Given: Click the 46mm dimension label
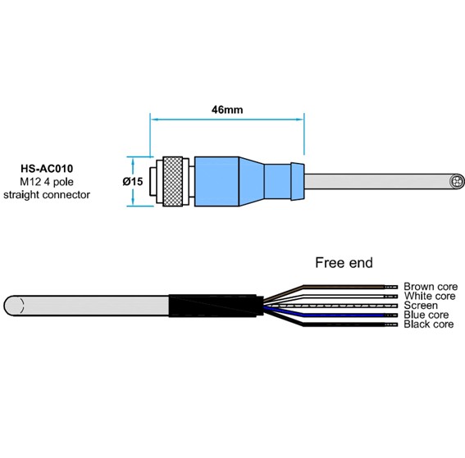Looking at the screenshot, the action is (x=227, y=110).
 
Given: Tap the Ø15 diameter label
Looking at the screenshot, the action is (x=133, y=181).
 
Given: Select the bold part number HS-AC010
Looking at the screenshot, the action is (x=47, y=169).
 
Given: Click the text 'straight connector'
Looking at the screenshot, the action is (x=47, y=195).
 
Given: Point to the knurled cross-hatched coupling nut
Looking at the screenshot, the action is (x=173, y=181).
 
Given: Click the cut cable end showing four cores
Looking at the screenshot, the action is (x=457, y=181).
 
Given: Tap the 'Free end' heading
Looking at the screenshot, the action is (x=344, y=263).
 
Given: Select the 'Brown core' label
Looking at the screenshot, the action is (x=431, y=287).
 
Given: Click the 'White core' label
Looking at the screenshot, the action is (x=430, y=296).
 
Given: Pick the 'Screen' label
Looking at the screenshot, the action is (x=421, y=306).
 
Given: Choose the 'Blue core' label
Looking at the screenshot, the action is (x=426, y=315).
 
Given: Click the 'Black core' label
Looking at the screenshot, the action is (x=429, y=324).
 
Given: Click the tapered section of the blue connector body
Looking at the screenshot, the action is (x=252, y=181).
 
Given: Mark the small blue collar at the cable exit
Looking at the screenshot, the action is (x=298, y=181).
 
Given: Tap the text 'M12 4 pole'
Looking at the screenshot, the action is (x=47, y=182).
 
